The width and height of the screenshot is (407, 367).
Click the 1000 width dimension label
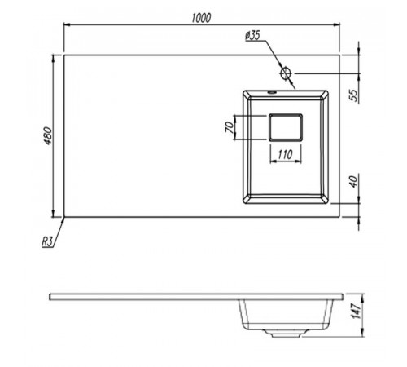(201, 18)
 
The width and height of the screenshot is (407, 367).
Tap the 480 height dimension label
(48, 135)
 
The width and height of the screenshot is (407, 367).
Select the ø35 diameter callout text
(252, 36)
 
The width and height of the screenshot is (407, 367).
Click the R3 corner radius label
(47, 241)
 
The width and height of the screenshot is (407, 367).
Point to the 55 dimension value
(353, 95)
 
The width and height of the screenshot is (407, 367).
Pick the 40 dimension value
(353, 181)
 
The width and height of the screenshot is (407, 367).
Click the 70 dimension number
(230, 127)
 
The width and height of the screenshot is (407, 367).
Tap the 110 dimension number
(285, 155)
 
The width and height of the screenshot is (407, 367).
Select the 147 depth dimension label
(356, 310)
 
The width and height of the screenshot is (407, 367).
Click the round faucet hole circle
(286, 73)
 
